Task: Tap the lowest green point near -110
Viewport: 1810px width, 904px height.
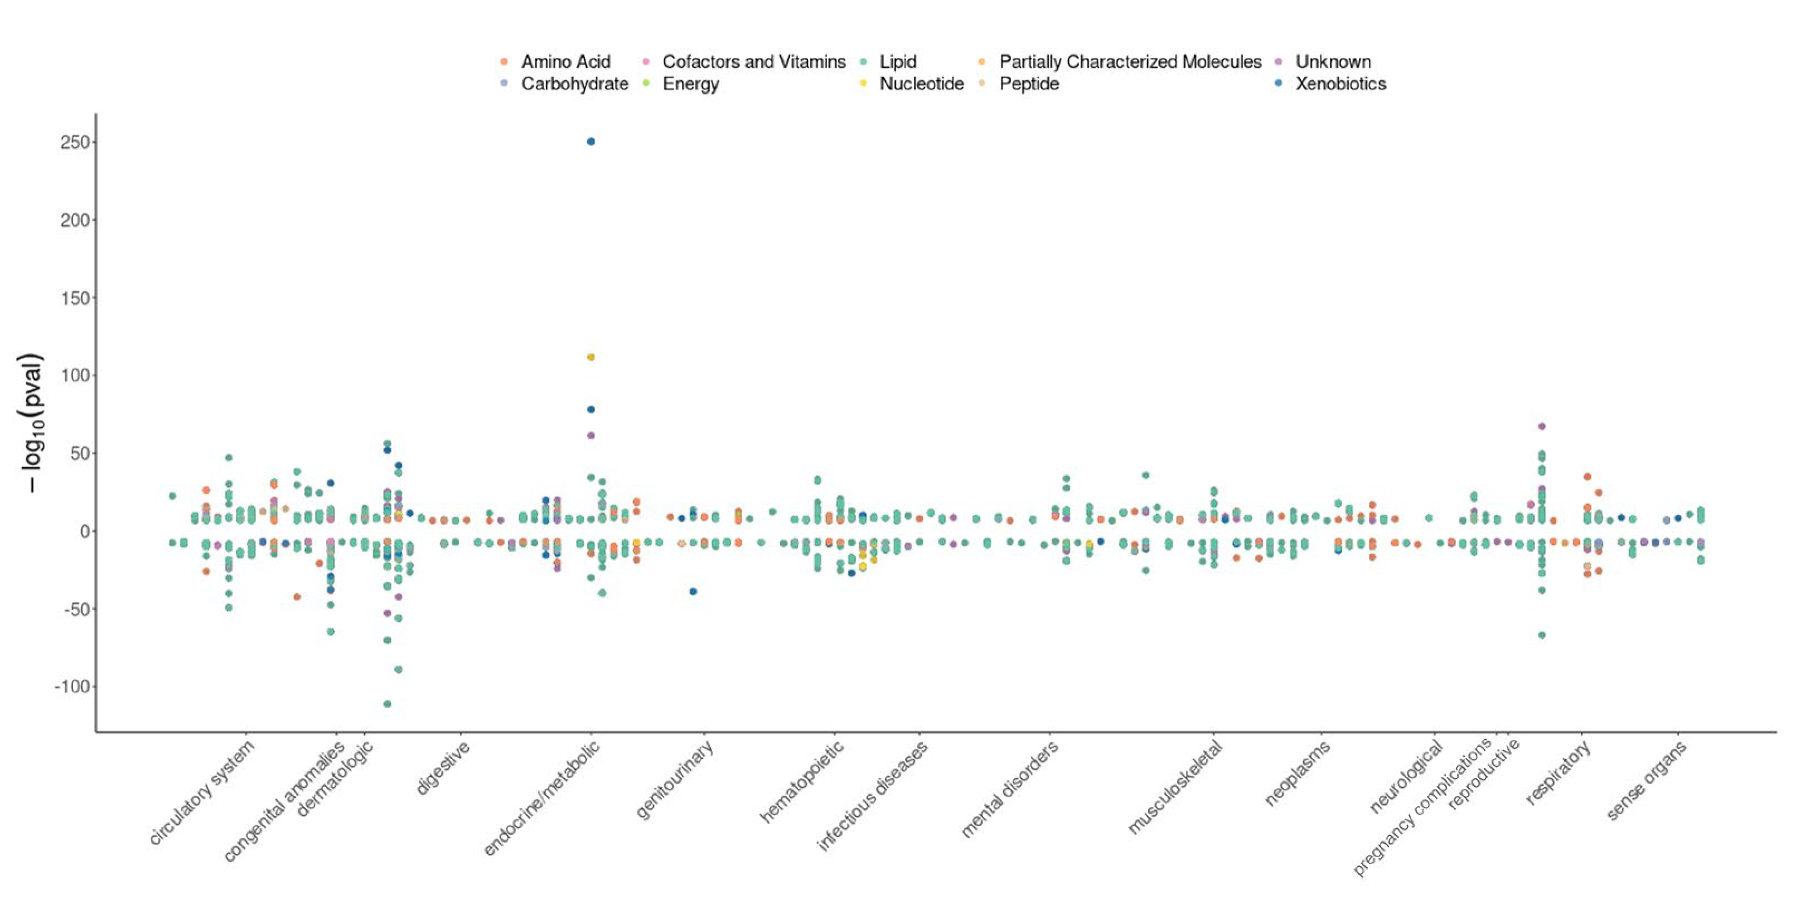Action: click(x=386, y=704)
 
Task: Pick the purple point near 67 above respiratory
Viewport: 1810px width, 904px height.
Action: click(x=1542, y=426)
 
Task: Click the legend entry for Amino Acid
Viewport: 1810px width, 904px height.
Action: click(x=565, y=62)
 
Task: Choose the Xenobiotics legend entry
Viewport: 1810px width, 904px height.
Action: click(x=1340, y=84)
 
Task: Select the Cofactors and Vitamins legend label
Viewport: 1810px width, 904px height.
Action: click(x=753, y=62)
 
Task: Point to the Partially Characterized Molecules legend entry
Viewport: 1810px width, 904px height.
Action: click(x=1130, y=62)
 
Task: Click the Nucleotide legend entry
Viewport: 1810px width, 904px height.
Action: click(x=921, y=84)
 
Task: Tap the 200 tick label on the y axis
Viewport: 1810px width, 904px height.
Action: click(x=75, y=220)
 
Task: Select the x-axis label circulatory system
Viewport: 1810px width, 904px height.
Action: click(x=202, y=793)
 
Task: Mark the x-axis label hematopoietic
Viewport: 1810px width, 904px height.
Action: click(x=801, y=782)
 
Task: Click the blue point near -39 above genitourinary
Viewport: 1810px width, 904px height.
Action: click(x=693, y=591)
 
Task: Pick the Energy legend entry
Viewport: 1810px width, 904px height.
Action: click(x=690, y=84)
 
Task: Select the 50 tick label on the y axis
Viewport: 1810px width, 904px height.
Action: click(x=79, y=453)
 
